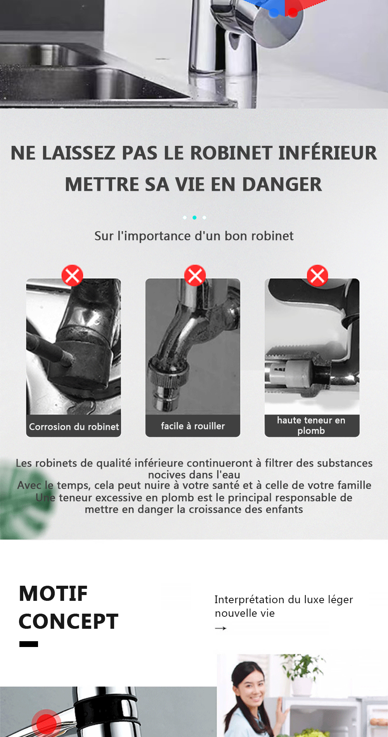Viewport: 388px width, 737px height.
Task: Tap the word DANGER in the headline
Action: click(282, 184)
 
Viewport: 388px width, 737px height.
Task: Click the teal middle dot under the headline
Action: click(194, 218)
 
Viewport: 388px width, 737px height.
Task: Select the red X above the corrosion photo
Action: click(72, 276)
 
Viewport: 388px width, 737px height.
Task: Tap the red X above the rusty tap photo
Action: click(195, 276)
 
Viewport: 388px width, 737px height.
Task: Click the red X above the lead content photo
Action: click(317, 276)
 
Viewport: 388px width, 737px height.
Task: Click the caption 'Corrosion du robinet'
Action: click(74, 427)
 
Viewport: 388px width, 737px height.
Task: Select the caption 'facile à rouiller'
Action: click(193, 426)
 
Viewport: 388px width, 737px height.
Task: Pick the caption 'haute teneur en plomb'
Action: click(311, 426)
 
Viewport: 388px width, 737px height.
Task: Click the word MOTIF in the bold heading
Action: click(54, 593)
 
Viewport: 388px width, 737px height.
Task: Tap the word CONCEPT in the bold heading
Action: click(68, 621)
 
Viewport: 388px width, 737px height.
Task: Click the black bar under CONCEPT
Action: click(29, 644)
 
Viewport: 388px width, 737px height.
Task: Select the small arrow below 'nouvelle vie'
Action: click(220, 628)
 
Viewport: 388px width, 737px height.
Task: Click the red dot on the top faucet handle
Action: click(293, 12)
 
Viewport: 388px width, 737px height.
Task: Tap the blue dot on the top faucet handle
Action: click(274, 12)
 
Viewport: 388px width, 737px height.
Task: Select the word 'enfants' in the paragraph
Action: click(284, 509)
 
